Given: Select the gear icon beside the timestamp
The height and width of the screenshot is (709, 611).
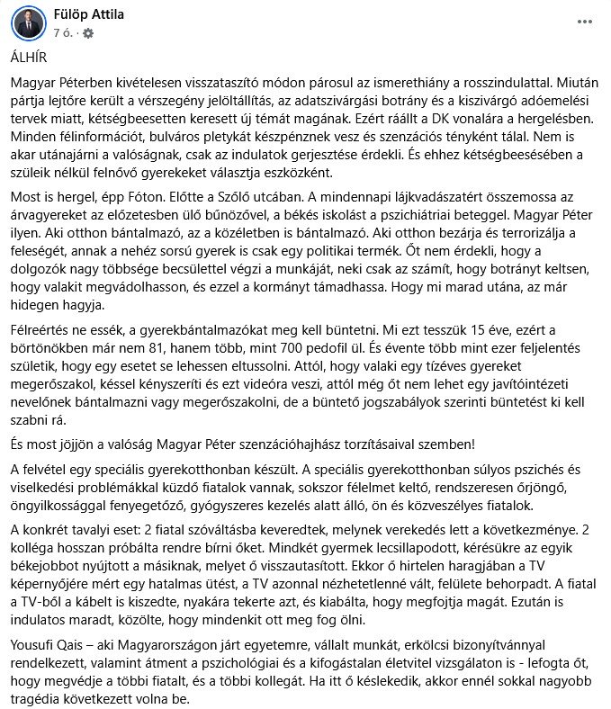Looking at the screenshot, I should coord(88,32).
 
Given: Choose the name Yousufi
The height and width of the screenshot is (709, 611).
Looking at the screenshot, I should coord(36,646).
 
